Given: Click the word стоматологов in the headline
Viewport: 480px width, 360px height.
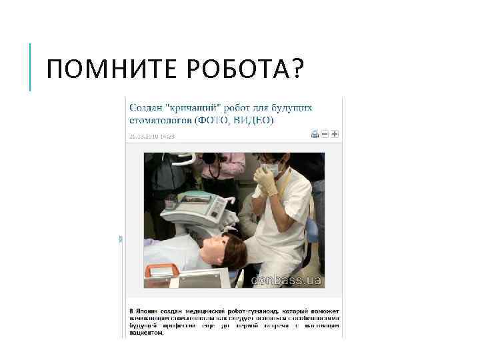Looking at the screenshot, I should tap(159, 121).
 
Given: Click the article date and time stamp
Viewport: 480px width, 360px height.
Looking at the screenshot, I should tap(151, 136).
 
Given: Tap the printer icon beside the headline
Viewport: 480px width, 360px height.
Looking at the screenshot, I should tap(315, 134).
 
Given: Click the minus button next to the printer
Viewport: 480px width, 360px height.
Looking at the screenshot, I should tap(325, 134).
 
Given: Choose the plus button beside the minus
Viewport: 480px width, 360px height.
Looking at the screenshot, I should tap(335, 134).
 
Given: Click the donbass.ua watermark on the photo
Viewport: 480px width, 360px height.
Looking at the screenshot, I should tap(286, 281).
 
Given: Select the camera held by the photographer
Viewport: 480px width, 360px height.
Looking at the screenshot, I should tap(209, 159).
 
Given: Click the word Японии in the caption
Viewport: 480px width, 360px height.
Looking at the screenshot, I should tap(152, 311).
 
